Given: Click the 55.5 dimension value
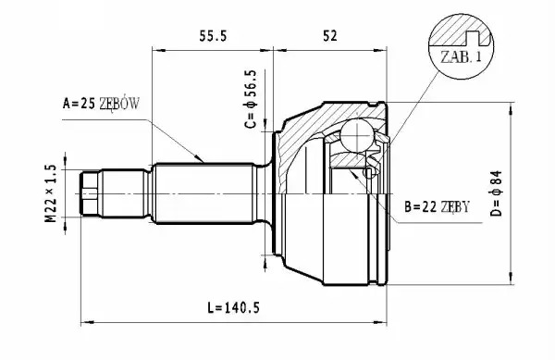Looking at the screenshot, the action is click(x=213, y=36).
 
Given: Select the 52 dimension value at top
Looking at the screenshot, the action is click(x=330, y=36).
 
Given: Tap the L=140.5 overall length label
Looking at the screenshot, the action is click(x=234, y=307).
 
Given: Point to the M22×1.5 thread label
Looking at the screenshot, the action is click(x=51, y=193).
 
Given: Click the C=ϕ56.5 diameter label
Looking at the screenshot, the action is click(x=251, y=99).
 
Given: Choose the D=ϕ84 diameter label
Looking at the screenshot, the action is click(x=497, y=193).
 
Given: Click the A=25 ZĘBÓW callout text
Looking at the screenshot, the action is click(x=101, y=104).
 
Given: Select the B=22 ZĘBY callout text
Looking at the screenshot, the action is click(x=437, y=206).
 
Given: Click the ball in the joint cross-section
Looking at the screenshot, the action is click(x=357, y=135).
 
